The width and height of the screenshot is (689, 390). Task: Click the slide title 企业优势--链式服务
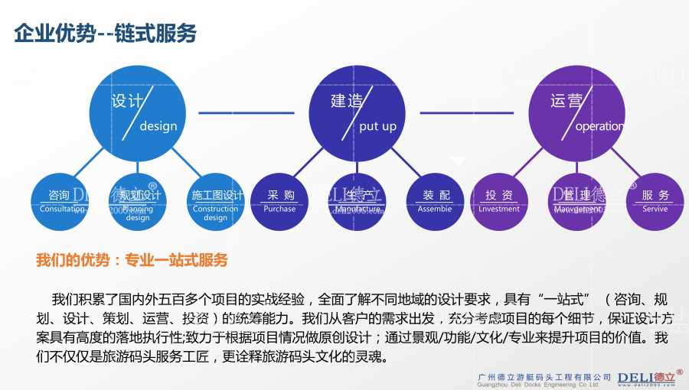pos(106,33)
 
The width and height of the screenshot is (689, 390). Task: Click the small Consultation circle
pos(60,202)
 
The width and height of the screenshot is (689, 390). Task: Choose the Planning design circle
pos(138,202)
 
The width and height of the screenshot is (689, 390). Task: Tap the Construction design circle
pos(216,202)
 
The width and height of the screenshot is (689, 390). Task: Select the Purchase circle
pos(279,202)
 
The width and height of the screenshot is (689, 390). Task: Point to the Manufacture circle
pos(358,202)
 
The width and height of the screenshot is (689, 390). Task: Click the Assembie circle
pos(435,202)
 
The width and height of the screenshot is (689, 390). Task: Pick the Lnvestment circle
pos(499,202)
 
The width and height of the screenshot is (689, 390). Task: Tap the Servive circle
pos(655,202)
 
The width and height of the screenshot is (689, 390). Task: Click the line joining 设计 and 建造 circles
pos(246,113)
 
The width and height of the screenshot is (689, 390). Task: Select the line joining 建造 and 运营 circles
pos(467,113)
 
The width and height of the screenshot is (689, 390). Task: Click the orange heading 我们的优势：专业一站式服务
pos(132,260)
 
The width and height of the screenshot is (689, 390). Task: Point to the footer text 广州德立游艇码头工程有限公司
pos(544,377)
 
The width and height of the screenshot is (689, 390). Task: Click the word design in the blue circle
pos(158,126)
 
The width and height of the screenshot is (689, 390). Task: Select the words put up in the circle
pos(378,126)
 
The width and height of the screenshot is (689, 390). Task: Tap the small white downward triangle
pos(458,161)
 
